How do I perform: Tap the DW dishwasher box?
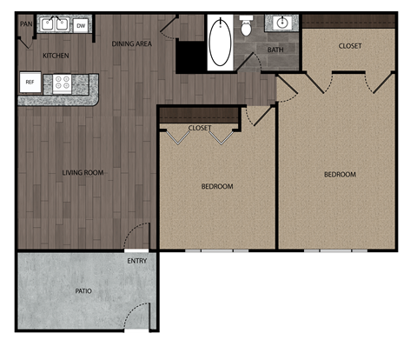pos(81,25)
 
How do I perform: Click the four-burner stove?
pos(63,83)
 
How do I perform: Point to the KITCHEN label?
pos(56,56)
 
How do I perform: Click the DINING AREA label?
pos(133,42)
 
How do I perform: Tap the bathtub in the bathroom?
pos(220,43)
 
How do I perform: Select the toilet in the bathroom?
pos(246,28)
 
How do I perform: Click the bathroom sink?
pos(282,23)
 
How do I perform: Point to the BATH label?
pos(275,50)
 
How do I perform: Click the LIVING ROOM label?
pos(83,172)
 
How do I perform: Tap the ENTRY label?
pos(136,261)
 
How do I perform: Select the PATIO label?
pos(83,291)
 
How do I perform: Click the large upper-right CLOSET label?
pos(350,45)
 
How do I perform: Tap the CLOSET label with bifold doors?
pos(200,128)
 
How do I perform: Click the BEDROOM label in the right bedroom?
pos(340,174)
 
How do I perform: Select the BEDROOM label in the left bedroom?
pos(217,186)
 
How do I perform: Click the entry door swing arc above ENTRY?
pos(137,237)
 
